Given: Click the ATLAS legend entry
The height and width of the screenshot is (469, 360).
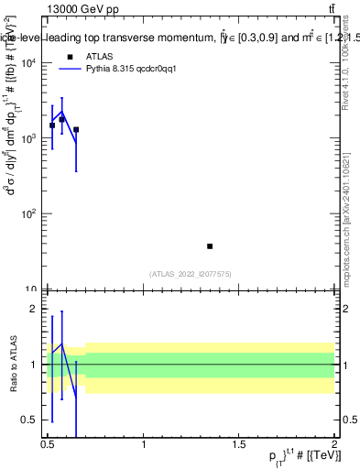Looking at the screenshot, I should (98, 56).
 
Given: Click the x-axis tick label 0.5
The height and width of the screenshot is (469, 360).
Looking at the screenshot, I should (48, 444).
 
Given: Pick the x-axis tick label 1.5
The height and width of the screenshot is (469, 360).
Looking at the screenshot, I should (239, 444).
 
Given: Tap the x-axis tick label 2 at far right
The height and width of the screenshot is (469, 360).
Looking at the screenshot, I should (334, 444).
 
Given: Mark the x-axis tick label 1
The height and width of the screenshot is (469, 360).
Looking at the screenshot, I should (144, 444).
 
